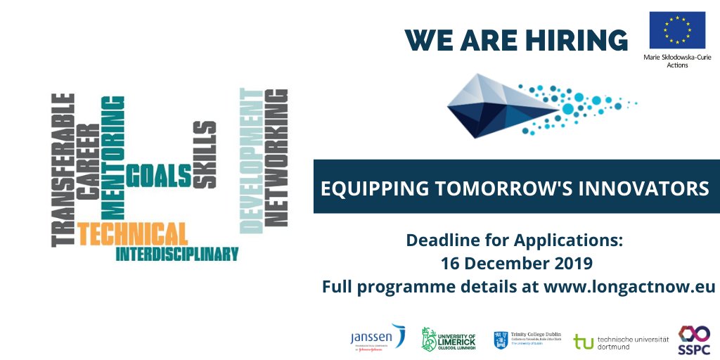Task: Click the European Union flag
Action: click(x=677, y=30)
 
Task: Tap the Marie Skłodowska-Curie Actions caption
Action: click(x=677, y=60)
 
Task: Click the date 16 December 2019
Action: click(x=516, y=264)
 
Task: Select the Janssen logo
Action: click(x=378, y=338)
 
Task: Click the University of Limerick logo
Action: click(x=448, y=339)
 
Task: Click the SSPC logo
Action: click(x=694, y=339)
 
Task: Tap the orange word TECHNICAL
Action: click(x=133, y=233)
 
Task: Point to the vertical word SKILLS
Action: click(x=205, y=154)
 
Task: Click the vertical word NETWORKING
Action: click(x=278, y=157)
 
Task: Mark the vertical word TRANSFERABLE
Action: click(x=64, y=169)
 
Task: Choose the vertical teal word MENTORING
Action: click(x=112, y=157)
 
